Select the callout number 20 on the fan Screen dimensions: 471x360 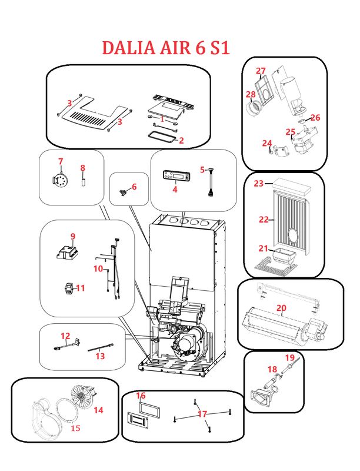281,307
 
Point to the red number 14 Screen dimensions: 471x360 98,410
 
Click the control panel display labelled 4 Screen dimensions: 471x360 176,175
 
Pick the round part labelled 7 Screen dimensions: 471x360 59,178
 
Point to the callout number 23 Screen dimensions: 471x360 258,184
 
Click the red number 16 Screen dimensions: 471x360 141,396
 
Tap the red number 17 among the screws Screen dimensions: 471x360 202,414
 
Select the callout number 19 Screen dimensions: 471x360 289,357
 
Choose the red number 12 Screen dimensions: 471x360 65,336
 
